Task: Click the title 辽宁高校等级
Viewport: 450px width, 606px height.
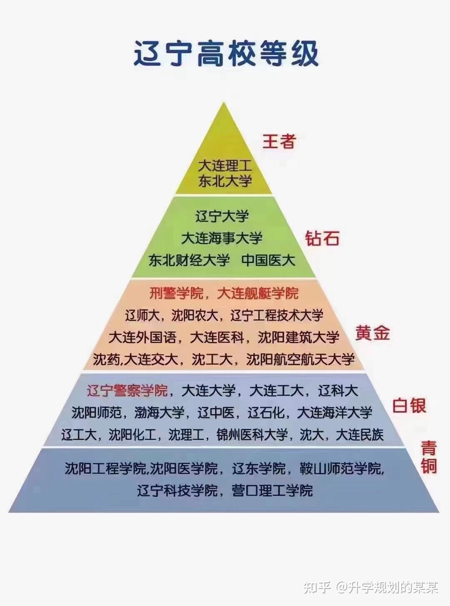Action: click(x=226, y=53)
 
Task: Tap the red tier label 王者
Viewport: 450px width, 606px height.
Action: click(x=279, y=141)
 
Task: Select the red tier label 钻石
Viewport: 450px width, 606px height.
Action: click(x=322, y=239)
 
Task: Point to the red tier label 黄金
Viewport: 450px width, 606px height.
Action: click(x=372, y=333)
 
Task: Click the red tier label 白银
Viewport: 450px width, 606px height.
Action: click(x=409, y=405)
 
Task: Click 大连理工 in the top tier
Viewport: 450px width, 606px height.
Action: click(x=225, y=165)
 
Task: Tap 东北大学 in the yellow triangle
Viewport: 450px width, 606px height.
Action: click(x=225, y=181)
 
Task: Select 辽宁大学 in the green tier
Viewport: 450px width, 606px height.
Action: click(x=222, y=216)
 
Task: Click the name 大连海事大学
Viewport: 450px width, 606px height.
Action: click(x=222, y=238)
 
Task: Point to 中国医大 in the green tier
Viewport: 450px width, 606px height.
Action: click(x=268, y=260)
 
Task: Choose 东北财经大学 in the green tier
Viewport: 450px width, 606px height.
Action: click(x=189, y=260)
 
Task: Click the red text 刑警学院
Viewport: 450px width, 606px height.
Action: click(x=176, y=293)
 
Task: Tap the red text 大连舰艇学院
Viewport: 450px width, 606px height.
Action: click(x=258, y=293)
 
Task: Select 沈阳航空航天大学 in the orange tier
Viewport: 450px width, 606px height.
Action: click(x=300, y=359)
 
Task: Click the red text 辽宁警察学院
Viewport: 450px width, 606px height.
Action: click(x=127, y=391)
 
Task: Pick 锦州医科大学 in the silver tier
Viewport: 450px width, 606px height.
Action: click(x=252, y=435)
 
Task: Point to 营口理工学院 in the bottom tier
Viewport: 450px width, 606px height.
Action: click(x=272, y=490)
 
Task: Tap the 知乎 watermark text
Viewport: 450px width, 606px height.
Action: click(x=317, y=587)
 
